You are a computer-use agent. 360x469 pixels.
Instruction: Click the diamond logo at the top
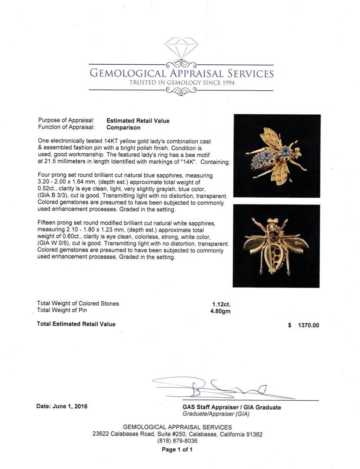tap(182, 48)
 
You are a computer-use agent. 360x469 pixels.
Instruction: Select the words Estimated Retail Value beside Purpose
tap(138, 121)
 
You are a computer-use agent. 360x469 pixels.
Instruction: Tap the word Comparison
tap(123, 128)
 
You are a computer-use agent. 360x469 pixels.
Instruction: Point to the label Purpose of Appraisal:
tap(66, 121)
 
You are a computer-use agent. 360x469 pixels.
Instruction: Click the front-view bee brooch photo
tap(277, 155)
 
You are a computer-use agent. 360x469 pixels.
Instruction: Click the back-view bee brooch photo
tap(276, 246)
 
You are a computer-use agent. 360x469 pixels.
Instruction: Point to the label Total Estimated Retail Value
tap(76, 324)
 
